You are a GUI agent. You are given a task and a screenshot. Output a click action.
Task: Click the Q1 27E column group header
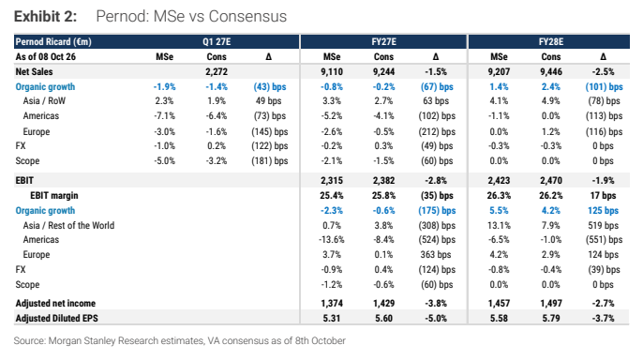tap(217, 42)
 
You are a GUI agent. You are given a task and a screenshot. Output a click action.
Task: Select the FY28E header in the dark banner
tap(551, 42)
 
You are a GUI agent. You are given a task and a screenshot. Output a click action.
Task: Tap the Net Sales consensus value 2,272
tap(217, 72)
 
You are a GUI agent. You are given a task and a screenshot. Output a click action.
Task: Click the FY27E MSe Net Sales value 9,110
tap(332, 72)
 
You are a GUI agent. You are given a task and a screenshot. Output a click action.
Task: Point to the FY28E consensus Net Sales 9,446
tap(551, 72)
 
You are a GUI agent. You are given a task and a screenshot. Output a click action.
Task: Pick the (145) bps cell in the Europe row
tap(269, 131)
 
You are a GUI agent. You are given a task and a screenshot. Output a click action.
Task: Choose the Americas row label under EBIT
tap(41, 239)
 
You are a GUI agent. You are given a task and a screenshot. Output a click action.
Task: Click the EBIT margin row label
tap(54, 196)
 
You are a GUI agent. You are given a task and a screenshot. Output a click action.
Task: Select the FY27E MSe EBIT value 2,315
tap(332, 180)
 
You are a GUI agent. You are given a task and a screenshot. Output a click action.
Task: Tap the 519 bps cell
tap(603, 226)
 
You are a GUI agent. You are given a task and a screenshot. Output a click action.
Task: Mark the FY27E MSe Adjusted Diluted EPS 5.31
tap(332, 318)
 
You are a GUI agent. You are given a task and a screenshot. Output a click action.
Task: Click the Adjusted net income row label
tap(55, 304)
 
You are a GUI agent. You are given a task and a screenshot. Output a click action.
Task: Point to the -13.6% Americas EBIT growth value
tap(332, 239)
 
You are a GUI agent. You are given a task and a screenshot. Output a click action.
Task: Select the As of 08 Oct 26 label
tap(46, 56)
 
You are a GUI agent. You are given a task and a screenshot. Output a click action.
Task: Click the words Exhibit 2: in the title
tap(45, 16)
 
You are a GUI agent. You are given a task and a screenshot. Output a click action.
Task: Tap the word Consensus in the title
tap(247, 16)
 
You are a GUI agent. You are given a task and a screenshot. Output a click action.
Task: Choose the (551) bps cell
tap(604, 239)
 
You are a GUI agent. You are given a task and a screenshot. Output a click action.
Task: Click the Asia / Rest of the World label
tap(68, 226)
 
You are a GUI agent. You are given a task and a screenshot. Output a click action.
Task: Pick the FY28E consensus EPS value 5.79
tap(551, 318)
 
